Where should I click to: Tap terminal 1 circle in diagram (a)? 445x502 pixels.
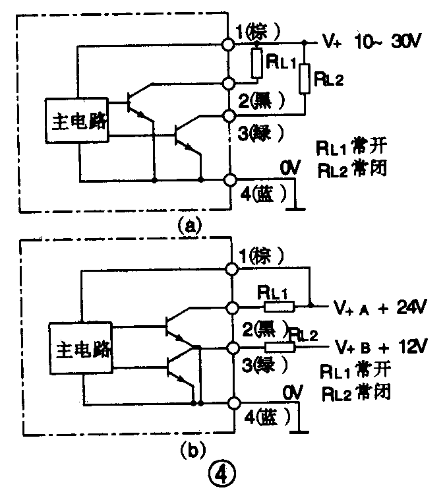coord(229,44)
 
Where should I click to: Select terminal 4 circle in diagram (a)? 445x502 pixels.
coord(229,179)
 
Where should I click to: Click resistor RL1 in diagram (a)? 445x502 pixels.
coord(257,63)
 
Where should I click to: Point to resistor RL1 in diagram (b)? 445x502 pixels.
coord(280,306)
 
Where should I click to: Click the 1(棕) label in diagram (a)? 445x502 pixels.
coord(262,30)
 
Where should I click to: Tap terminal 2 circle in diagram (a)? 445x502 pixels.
coord(229,84)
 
